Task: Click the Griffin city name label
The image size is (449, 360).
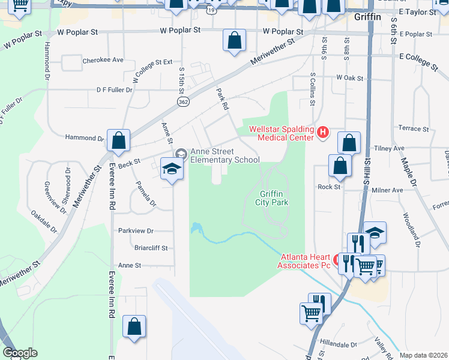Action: point(367,17)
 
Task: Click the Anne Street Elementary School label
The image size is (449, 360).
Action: point(224,156)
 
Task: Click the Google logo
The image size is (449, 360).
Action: point(20,353)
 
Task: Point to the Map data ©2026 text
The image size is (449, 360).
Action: point(423,355)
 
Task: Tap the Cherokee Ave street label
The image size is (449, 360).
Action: point(103,60)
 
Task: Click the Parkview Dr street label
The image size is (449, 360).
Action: point(136,230)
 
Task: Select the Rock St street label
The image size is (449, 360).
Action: point(329,187)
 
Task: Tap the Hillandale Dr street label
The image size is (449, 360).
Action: point(339,345)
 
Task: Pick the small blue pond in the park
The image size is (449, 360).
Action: point(195,229)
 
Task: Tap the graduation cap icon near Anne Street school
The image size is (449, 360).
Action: point(172,168)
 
